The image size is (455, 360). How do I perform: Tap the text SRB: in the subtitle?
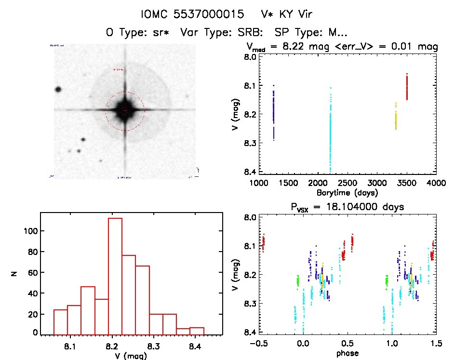[x=252, y=32]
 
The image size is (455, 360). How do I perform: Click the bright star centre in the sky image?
[x=125, y=110]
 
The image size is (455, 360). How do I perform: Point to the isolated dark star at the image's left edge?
[x=58, y=89]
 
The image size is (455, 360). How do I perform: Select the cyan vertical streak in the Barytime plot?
[x=331, y=130]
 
